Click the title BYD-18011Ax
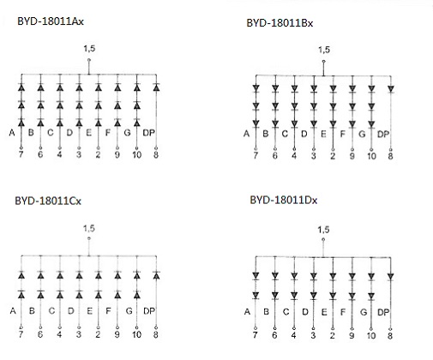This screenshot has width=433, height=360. click(51, 21)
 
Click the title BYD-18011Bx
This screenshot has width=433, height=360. click(280, 23)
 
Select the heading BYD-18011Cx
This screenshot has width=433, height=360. click(48, 201)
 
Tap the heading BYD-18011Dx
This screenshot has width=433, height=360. click(284, 200)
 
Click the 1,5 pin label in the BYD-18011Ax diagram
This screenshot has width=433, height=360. click(89, 49)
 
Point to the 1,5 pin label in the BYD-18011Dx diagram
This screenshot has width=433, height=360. click(323, 230)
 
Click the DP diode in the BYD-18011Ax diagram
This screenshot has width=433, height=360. click(156, 87)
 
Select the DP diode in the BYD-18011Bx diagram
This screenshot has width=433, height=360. click(391, 89)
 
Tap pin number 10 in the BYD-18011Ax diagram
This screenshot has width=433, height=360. click(136, 155)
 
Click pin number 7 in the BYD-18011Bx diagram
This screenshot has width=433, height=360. click(256, 156)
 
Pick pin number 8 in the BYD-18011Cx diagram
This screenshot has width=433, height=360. click(156, 334)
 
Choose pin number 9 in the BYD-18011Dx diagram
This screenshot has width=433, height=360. click(352, 335)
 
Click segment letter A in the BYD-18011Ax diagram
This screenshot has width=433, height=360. click(12, 133)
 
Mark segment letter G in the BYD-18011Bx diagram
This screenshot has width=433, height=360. click(362, 134)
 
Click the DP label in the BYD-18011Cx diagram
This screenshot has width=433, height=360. click(149, 311)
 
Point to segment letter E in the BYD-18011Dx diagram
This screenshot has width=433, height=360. click(324, 312)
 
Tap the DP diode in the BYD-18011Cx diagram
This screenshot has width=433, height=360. click(156, 275)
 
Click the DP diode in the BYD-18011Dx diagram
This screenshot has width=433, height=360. click(390, 277)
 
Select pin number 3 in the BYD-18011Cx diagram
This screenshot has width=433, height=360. click(79, 334)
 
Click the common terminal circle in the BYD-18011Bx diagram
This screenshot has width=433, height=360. click(323, 61)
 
